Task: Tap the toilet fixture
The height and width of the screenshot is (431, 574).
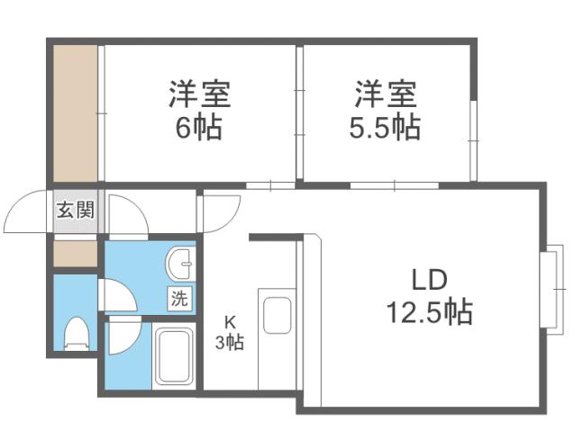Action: coord(76,333)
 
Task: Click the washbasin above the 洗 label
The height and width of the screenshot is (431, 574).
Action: coord(180,265)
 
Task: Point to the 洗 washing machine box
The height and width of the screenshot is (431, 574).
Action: coord(179,299)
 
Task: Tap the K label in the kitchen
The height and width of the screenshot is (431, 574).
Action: coord(230,320)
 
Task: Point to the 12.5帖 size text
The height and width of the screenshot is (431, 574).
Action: coord(427,312)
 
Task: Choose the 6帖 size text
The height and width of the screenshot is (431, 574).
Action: coord(198,126)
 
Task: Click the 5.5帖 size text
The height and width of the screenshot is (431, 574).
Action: coord(385,126)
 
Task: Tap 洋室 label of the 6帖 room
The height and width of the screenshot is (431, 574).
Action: coord(199,93)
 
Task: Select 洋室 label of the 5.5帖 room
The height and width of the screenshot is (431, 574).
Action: coord(386,93)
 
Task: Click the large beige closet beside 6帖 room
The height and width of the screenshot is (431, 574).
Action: coord(74,112)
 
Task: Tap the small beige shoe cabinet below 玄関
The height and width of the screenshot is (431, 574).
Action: coord(74,252)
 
